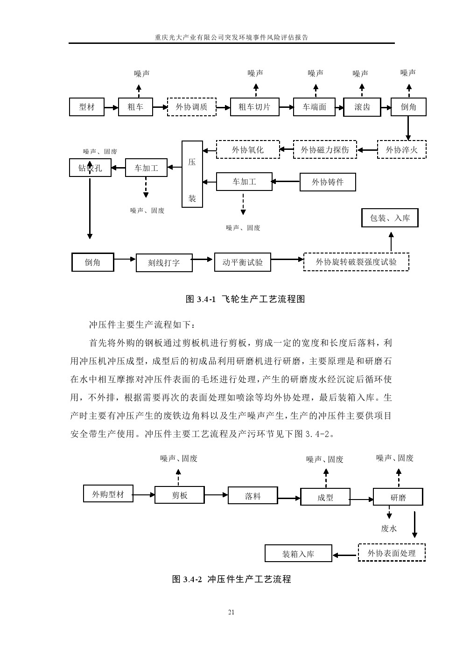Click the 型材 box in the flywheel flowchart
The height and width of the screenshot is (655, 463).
click(x=87, y=107)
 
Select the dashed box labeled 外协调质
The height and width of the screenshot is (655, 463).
click(x=191, y=107)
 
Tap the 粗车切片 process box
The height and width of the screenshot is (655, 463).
click(x=254, y=107)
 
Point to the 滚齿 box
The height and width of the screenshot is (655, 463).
click(x=362, y=107)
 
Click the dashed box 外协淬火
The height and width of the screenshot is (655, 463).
click(x=401, y=150)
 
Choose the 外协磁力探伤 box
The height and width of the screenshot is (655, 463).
click(x=325, y=150)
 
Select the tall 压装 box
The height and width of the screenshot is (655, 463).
click(x=192, y=174)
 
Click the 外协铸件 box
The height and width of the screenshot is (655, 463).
click(x=327, y=182)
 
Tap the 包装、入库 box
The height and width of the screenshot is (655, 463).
click(x=390, y=218)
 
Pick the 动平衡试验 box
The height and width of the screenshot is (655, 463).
click(x=242, y=262)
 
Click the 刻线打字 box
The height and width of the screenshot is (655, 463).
click(x=164, y=263)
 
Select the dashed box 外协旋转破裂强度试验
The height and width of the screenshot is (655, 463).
click(x=356, y=262)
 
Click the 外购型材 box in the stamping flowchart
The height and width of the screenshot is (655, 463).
click(x=108, y=494)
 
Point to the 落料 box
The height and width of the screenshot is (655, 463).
click(x=253, y=496)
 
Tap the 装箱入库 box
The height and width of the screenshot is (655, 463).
click(x=298, y=554)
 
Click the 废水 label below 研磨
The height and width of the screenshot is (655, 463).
click(x=388, y=528)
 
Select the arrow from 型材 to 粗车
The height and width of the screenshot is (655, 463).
click(x=112, y=107)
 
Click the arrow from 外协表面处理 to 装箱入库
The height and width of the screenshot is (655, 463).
click(x=345, y=555)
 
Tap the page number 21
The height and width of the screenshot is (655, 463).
click(x=231, y=612)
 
